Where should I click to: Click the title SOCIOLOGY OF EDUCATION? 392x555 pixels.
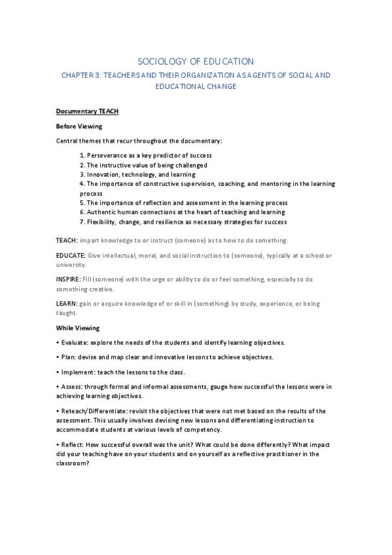pos(197,61)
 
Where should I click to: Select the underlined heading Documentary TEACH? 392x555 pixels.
pos(87,111)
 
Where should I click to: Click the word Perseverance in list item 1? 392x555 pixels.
pos(107,155)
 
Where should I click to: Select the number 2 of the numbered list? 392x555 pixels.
pos(82,165)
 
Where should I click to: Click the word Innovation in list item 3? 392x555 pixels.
pos(103,175)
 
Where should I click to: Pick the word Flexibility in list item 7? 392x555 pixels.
pos(103,222)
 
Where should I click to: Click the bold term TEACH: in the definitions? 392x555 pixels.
pos(67,240)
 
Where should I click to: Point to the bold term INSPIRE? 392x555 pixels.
pos(69,279)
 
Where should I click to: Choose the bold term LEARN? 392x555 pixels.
pos(67,304)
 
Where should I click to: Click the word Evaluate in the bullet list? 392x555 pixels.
pos(73,342)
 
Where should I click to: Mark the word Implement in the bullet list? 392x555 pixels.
pos(77,372)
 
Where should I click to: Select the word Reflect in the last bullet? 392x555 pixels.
pos(72,444)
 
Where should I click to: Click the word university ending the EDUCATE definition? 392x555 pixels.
pos(72,265)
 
